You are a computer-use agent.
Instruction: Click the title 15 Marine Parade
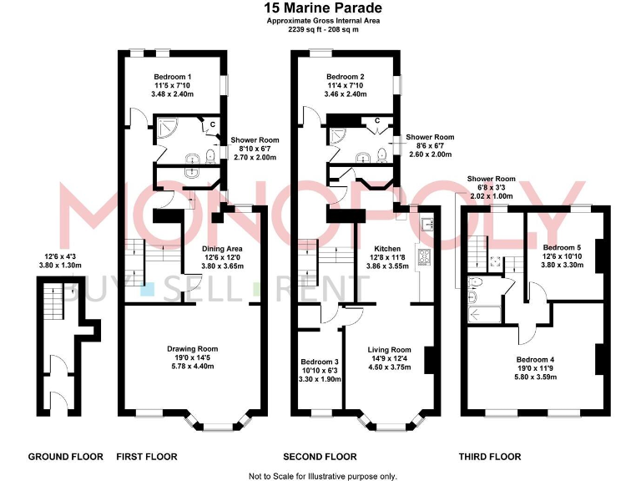[320, 8]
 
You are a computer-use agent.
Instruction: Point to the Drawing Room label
[192, 348]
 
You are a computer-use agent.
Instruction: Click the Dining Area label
[222, 248]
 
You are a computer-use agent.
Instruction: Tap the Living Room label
[390, 349]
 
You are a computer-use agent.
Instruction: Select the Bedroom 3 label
[320, 362]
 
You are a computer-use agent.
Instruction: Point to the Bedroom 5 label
[562, 247]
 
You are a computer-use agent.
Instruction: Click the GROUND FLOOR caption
[66, 457]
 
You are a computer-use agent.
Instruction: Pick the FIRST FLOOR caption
[147, 457]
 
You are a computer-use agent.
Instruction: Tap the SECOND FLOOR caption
[320, 457]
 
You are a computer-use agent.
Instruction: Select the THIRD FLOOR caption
[490, 457]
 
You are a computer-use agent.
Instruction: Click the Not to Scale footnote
[323, 475]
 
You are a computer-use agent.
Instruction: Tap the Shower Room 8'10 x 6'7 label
[255, 140]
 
